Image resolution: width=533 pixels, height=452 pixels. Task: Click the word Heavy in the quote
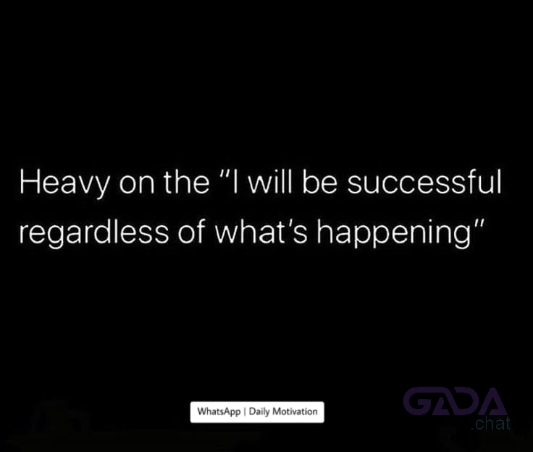pos(64,183)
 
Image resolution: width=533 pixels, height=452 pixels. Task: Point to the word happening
pos(394,233)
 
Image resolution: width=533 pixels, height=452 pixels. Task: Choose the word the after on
pos(187,181)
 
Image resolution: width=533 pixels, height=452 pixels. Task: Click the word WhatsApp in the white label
pos(219,411)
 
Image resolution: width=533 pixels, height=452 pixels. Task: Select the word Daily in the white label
pos(259,411)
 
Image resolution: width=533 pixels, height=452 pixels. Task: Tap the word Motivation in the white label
pos(295,411)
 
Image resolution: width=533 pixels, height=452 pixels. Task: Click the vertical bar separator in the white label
pos(245,412)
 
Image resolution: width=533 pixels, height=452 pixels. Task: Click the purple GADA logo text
pos(455,401)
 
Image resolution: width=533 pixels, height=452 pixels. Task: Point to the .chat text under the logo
pos(490,424)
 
